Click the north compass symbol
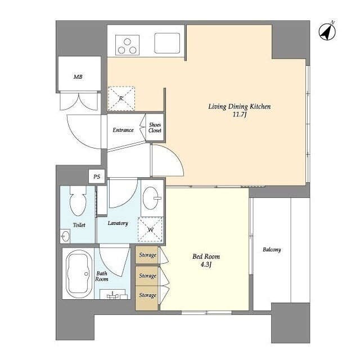point(327,31)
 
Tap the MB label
point(78,76)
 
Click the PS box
point(97,177)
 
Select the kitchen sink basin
point(167,43)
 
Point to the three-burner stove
point(127,45)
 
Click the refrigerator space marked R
point(121,98)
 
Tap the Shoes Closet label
point(155,128)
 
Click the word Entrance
point(123,130)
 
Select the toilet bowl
point(78,201)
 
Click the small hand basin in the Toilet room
point(65,236)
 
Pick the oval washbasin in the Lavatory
point(152,198)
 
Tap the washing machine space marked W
point(150,229)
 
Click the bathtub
point(79,274)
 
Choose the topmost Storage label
point(147,255)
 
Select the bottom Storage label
point(147,295)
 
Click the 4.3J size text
point(206,264)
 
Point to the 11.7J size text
point(240,114)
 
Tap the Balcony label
point(272,250)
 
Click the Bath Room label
point(102,276)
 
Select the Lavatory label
point(118,223)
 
